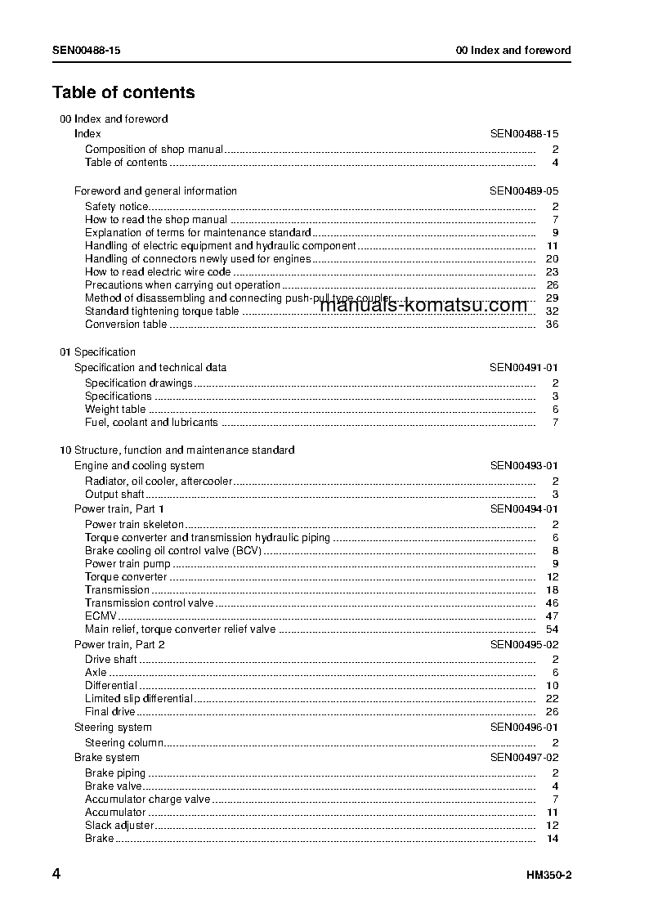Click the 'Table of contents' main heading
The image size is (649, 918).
[x=123, y=92]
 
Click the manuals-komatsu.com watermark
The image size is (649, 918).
[x=423, y=306]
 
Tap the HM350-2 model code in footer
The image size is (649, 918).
[x=548, y=875]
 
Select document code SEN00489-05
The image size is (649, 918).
[x=524, y=191]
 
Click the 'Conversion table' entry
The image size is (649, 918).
[x=126, y=325]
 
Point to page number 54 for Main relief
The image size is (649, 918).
[x=552, y=629]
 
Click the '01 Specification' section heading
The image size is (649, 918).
[x=97, y=352]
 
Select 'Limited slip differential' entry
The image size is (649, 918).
[x=139, y=699]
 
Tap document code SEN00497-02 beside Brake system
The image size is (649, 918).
[x=524, y=758]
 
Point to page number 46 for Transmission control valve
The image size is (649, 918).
[x=552, y=603]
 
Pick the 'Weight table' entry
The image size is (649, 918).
[x=115, y=410]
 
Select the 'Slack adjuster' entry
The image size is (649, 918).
[x=119, y=826]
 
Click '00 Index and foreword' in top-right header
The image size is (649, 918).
[x=513, y=51]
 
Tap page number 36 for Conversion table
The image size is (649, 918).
[x=552, y=325]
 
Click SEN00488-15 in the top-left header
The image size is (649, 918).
[x=87, y=51]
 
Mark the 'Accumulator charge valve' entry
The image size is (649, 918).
[x=147, y=799]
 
